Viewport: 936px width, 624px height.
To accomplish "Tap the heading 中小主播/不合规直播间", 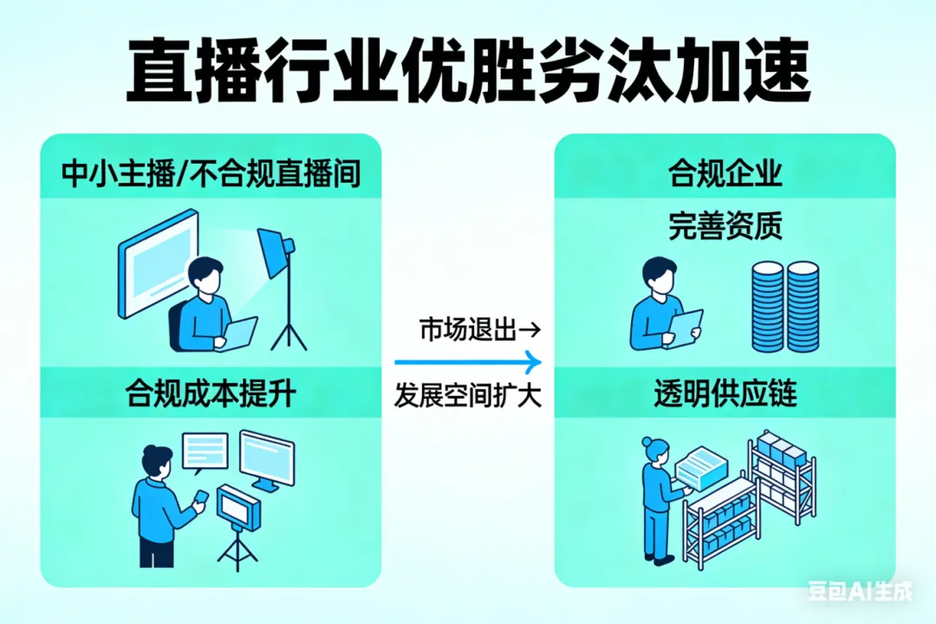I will point(211,175).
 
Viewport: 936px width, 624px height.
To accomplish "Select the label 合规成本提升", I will point(211,394).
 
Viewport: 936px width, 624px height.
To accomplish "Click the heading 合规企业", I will point(725,173).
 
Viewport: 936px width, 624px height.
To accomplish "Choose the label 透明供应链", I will point(725,394).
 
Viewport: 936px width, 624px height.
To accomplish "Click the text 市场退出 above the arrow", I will point(468,329).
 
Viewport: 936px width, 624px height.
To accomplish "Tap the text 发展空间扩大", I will point(468,395).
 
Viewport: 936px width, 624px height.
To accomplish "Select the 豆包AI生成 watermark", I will point(860,591).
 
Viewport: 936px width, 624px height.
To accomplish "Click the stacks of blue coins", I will point(784,308).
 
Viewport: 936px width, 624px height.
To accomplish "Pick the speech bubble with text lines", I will point(205,451).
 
